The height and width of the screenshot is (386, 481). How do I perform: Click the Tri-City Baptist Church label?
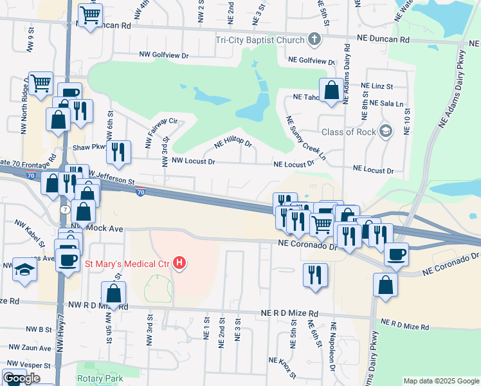point(259,39)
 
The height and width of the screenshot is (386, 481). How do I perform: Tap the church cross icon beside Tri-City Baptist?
point(314,39)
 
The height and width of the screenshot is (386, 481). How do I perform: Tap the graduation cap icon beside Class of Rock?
point(385,131)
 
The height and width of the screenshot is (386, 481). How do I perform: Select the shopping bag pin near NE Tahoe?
point(332,90)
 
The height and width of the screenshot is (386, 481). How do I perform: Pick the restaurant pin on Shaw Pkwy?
point(118,152)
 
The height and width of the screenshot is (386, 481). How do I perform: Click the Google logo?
point(22,378)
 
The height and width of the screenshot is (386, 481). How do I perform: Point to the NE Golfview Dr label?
point(312,60)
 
